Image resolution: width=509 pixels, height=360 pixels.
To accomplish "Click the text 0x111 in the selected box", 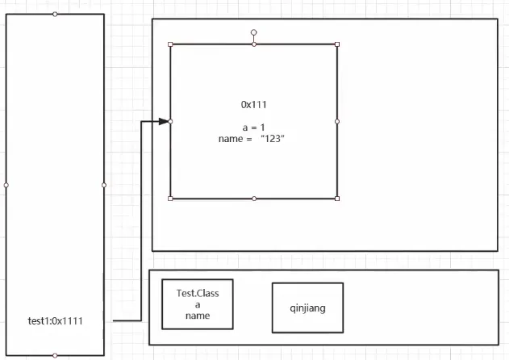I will click(253, 105).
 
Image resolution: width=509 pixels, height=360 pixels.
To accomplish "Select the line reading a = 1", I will click(253, 128).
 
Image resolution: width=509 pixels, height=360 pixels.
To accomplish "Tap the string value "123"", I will click(273, 139).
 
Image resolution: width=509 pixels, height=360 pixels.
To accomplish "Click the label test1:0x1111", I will click(55, 321).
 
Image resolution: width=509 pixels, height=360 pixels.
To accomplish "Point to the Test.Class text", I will click(198, 293).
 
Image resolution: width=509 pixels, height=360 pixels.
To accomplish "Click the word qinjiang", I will click(307, 308).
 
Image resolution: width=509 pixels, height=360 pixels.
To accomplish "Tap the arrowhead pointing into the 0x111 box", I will click(165, 121).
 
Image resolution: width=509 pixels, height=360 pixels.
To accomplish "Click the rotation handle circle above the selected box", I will click(253, 33).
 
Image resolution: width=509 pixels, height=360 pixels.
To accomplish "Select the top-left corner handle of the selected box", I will click(170, 44).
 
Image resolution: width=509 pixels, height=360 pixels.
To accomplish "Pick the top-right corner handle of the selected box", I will click(337, 44).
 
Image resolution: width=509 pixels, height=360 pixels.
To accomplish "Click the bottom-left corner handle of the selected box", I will click(170, 198).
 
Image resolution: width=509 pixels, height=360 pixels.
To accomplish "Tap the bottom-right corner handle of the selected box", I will click(337, 198).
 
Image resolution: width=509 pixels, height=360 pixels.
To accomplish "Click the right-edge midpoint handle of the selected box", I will click(337, 121).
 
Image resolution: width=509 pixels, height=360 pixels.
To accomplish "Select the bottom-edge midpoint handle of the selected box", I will click(253, 198).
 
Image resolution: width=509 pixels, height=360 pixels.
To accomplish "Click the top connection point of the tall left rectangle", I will click(55, 14).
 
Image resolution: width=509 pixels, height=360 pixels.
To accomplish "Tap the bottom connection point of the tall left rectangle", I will click(55, 355).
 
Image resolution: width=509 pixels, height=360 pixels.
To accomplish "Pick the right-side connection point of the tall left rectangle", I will click(104, 185).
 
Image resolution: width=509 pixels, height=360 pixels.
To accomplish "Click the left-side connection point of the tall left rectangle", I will click(6, 185).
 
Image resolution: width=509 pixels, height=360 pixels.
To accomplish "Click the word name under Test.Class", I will click(198, 316).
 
